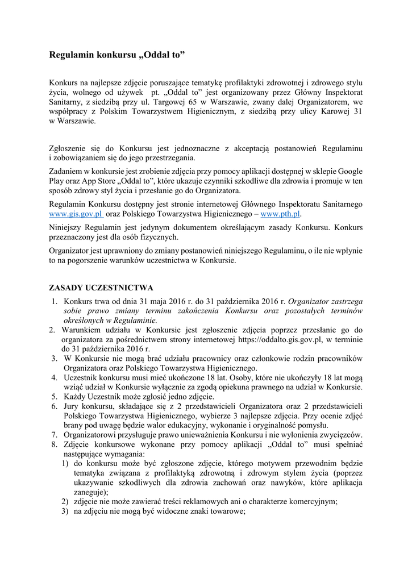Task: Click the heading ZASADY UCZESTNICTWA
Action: click(101, 288)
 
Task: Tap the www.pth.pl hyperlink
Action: click(280, 214)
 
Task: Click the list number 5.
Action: click(54, 396)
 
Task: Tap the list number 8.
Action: click(54, 444)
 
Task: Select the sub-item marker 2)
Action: click(65, 501)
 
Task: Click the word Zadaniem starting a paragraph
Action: click(67, 171)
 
